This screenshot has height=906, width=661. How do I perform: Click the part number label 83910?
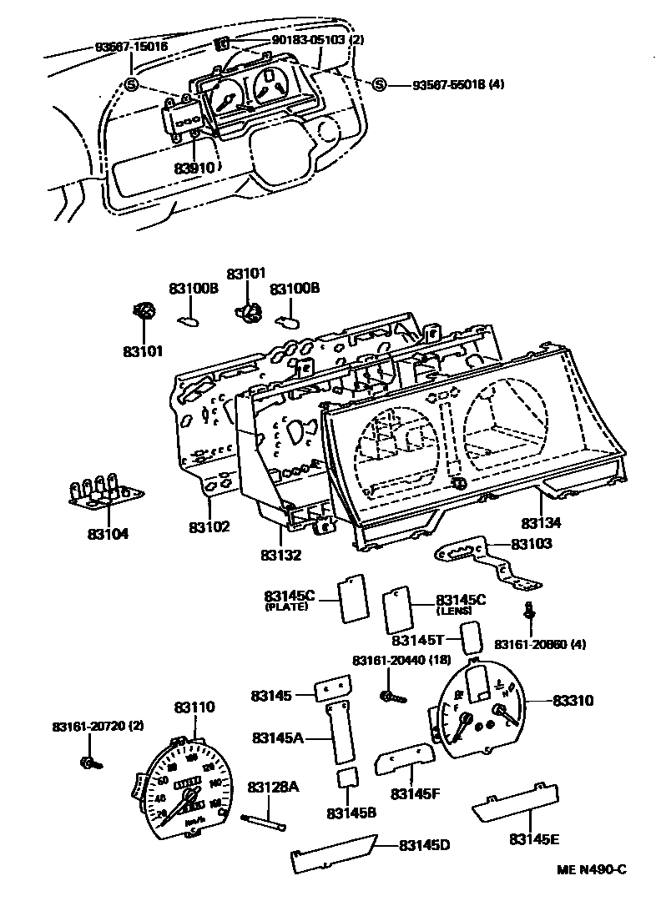point(194,168)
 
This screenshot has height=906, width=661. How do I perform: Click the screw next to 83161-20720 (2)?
point(89,761)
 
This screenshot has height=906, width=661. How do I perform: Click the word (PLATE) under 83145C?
point(286,607)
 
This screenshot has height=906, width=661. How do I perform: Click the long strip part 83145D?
point(333,848)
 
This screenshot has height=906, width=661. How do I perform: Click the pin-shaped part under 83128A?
point(266,821)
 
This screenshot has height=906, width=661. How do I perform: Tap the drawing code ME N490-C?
point(591,870)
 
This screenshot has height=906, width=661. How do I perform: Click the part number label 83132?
point(280,555)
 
